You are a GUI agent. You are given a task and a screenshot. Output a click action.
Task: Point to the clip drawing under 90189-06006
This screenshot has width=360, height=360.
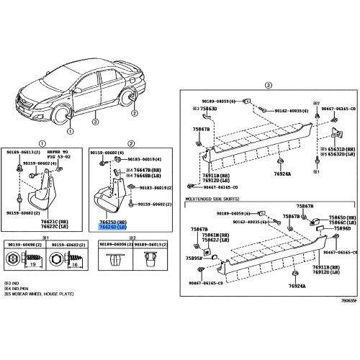pos(111,261)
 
